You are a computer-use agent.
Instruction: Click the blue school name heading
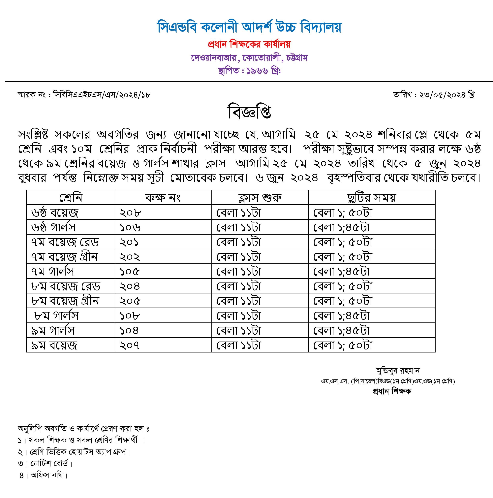click(249, 27)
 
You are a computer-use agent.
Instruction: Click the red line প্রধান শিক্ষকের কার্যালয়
click(249, 45)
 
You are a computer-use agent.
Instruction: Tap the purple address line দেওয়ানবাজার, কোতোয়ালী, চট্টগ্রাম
click(249, 58)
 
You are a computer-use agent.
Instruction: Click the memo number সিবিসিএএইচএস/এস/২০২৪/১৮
click(102, 95)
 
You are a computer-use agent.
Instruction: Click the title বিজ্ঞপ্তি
click(249, 112)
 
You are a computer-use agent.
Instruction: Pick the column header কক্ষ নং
click(163, 198)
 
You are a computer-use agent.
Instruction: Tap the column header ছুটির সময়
click(371, 198)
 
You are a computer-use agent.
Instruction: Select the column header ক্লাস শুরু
click(260, 198)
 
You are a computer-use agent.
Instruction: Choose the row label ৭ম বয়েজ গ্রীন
click(64, 257)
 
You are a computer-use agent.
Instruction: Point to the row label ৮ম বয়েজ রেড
click(66, 286)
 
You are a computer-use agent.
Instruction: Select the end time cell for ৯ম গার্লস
click(341, 330)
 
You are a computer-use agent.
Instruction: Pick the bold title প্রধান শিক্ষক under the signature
click(391, 391)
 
